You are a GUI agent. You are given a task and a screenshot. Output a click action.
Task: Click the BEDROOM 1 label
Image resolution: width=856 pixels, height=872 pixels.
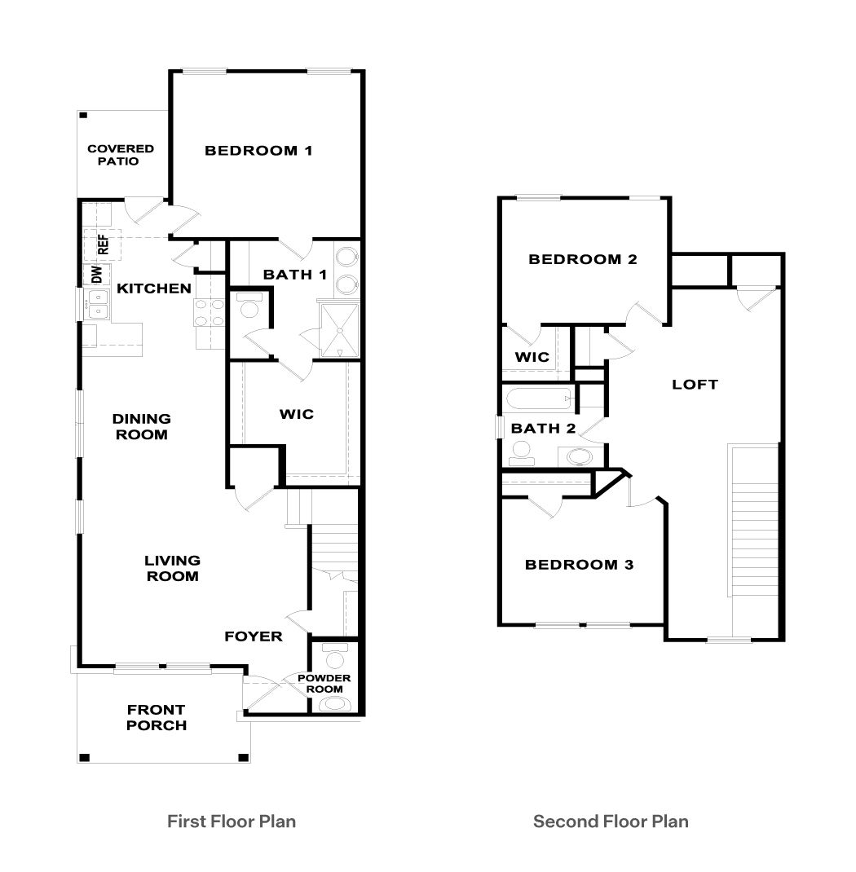258,151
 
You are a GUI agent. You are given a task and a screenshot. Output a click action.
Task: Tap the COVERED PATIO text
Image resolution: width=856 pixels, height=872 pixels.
121,155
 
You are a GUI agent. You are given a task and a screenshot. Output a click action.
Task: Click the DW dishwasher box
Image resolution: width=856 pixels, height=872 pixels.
96,275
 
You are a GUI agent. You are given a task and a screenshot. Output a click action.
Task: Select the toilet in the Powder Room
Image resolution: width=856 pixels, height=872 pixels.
335,655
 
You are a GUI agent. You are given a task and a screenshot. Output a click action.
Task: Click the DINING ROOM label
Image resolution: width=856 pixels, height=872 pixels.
142,426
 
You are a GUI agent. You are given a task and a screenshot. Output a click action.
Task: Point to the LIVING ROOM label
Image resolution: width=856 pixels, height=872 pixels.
172,568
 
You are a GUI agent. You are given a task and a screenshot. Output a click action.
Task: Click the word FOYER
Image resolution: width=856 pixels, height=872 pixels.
254,636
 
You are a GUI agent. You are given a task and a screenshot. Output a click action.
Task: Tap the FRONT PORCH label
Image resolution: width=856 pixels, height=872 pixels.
157,717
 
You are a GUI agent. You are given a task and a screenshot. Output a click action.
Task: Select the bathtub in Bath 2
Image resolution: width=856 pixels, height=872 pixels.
539,400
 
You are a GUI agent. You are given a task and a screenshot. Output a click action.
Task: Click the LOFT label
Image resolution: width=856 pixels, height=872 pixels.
695,384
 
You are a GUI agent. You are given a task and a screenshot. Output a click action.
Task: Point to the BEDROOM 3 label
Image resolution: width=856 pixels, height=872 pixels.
579,565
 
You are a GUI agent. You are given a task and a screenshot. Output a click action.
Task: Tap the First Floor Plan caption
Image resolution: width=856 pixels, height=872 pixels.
232,821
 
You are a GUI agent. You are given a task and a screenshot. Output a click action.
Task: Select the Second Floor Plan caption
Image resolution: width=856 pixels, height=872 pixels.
611,821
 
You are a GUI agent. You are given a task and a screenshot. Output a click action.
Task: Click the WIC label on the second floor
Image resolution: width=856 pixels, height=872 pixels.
532,357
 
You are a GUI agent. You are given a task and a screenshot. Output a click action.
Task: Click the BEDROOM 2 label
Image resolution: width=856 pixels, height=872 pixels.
582,260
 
